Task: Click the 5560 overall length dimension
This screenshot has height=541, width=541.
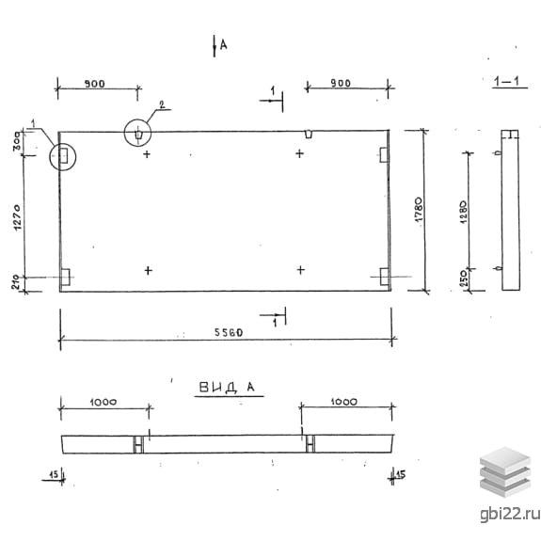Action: point(229,332)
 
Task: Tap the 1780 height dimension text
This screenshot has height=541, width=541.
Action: point(418,210)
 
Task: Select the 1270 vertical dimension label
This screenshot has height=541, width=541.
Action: point(17,217)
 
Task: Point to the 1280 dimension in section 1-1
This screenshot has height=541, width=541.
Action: point(463,212)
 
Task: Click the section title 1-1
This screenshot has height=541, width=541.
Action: point(506,82)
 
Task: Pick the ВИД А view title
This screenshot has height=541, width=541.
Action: point(227,387)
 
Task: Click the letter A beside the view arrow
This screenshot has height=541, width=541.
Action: point(224,44)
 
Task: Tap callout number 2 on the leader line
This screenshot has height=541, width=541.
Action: point(162,104)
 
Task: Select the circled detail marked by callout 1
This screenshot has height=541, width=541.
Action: point(62,156)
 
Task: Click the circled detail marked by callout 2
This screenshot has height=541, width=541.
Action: point(137,133)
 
